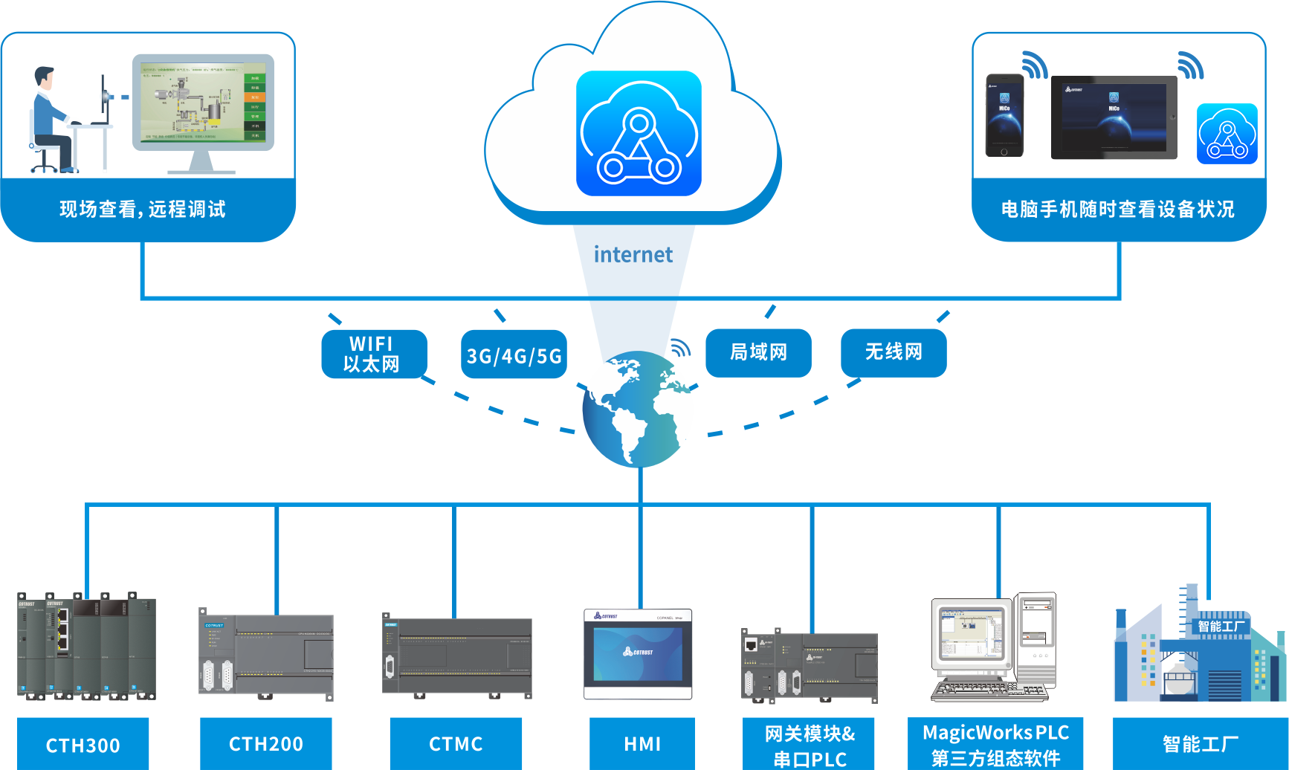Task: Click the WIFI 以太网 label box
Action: click(373, 354)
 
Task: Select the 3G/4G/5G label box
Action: click(514, 355)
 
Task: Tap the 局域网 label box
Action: click(758, 352)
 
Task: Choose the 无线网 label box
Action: click(894, 352)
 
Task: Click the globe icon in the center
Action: click(638, 409)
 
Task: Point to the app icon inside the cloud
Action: click(639, 134)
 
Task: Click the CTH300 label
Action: click(83, 744)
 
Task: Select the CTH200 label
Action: click(266, 743)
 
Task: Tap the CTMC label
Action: click(456, 743)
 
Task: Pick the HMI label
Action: click(642, 743)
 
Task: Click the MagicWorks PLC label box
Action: click(995, 744)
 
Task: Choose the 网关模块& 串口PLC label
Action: click(809, 745)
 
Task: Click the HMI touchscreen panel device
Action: click(638, 654)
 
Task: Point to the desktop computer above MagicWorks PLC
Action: click(992, 647)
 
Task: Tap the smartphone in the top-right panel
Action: click(1004, 115)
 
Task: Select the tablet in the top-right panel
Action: click(1114, 117)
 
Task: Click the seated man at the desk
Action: click(52, 119)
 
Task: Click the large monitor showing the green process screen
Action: click(203, 104)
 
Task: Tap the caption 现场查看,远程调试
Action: click(143, 210)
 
